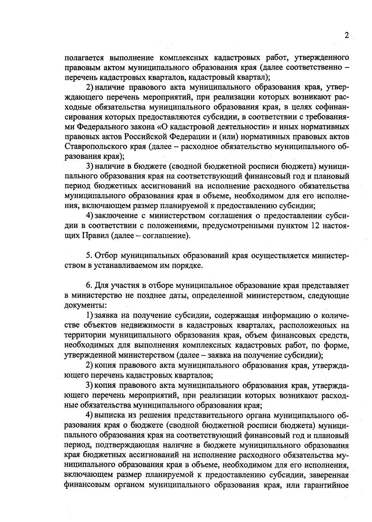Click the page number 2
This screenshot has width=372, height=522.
pos(346,36)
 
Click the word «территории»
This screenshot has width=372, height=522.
pos(82,336)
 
